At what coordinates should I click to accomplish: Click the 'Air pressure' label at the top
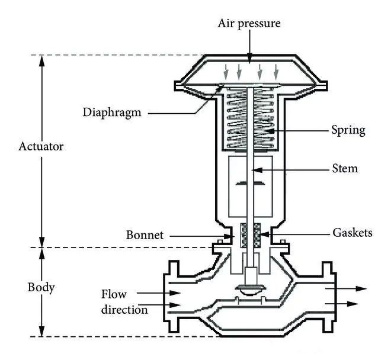(249, 24)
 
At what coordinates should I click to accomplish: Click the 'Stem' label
(345, 169)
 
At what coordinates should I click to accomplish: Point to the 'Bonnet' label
(145, 234)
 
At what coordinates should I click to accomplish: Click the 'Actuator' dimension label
(40, 146)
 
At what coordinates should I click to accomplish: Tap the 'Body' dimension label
(41, 288)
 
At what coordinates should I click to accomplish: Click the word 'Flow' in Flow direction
(114, 294)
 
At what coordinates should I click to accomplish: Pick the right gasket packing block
(258, 235)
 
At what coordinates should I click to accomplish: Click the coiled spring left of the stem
(236, 118)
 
